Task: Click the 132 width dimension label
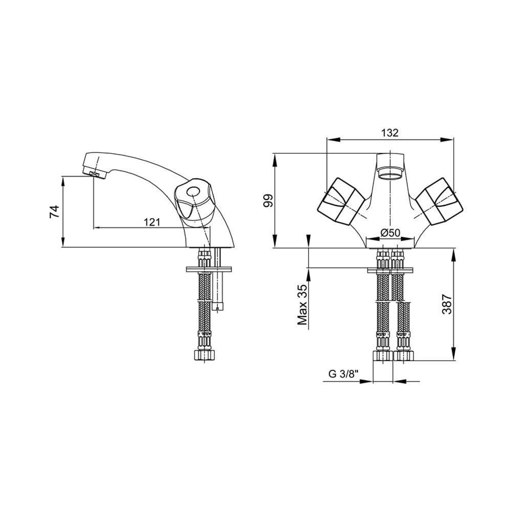pyautogui.click(x=390, y=133)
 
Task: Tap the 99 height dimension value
pyautogui.click(x=268, y=200)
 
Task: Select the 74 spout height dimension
pyautogui.click(x=54, y=211)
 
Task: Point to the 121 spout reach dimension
pyautogui.click(x=152, y=222)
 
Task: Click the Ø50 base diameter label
pyautogui.click(x=391, y=233)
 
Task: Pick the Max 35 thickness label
pyautogui.click(x=303, y=305)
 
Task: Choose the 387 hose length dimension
pyautogui.click(x=447, y=304)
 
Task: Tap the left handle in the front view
pyautogui.click(x=341, y=201)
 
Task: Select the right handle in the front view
pyautogui.click(x=439, y=201)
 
